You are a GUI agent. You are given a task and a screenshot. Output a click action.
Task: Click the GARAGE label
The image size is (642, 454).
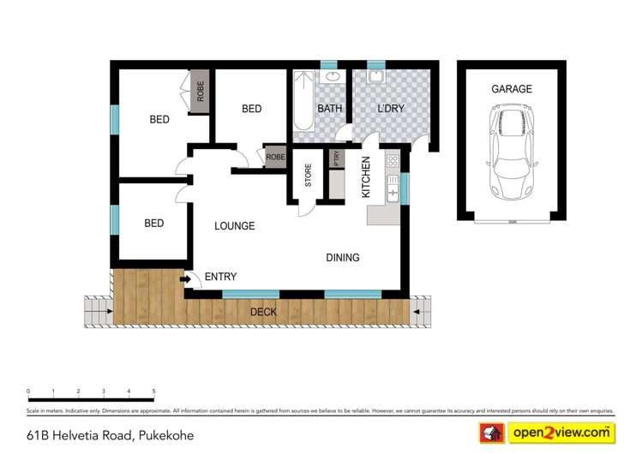pyautogui.click(x=511, y=89)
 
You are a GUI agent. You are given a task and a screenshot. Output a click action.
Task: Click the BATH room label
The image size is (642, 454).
pyautogui.click(x=330, y=109)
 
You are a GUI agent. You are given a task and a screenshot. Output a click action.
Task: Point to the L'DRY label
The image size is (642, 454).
pyautogui.click(x=390, y=109)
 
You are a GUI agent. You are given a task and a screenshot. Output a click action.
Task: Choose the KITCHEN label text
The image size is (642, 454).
pyautogui.click(x=366, y=177)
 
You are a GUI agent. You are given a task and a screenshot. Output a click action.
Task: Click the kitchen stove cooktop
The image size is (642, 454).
pyautogui.click(x=393, y=160)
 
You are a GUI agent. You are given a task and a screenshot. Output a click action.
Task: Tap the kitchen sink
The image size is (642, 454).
pyautogui.click(x=393, y=188)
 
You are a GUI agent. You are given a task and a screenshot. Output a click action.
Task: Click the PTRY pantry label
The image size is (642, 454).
pyautogui.click(x=335, y=160)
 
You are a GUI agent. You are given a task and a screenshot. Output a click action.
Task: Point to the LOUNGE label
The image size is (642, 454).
pyautogui.click(x=234, y=226)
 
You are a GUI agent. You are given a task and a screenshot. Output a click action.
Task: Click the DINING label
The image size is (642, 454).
pyautogui.click(x=342, y=258)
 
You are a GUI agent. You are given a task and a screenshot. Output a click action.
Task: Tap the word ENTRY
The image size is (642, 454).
pyautogui.click(x=220, y=277)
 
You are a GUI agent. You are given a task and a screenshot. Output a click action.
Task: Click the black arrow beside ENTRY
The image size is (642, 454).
pyautogui.click(x=184, y=278)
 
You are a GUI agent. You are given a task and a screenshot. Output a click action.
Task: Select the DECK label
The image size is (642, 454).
pyautogui.click(x=264, y=313)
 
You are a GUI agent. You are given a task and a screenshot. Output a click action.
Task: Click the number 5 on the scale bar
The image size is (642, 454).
pyautogui.click(x=153, y=391)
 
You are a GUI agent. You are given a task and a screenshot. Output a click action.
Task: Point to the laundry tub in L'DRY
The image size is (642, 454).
pyautogui.click(x=375, y=77)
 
